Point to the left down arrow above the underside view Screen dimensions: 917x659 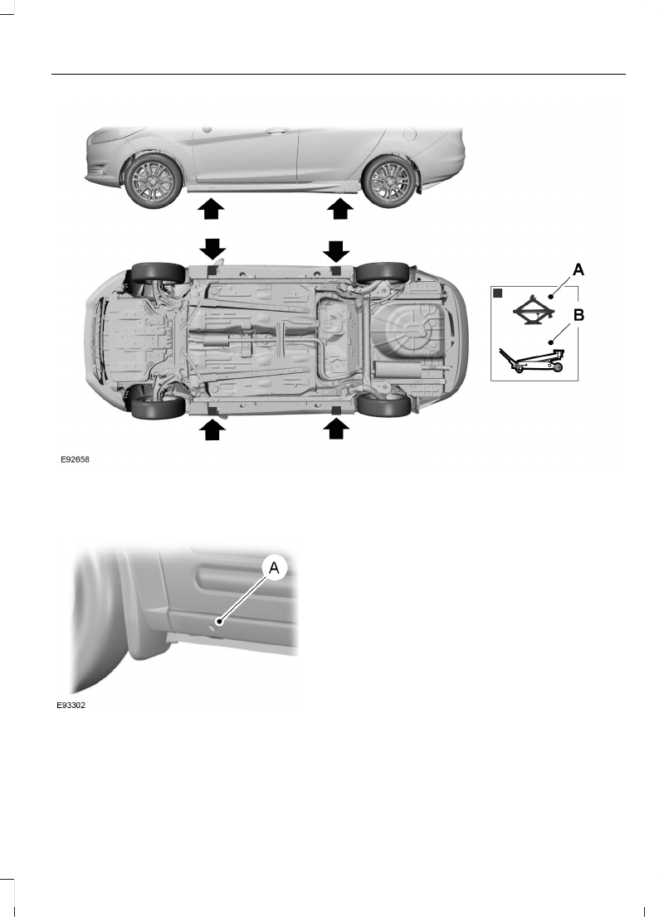[x=212, y=249]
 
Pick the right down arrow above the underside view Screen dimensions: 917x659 [x=336, y=249]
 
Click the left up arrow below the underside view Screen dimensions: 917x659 [x=212, y=429]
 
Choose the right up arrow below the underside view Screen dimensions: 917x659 [x=336, y=429]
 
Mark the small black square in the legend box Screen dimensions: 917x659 [x=500, y=294]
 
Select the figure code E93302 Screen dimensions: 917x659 [x=68, y=707]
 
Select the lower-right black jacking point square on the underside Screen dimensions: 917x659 [x=336, y=410]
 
